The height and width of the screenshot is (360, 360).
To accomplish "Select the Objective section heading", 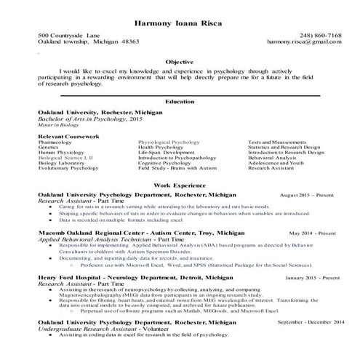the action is coord(180,63).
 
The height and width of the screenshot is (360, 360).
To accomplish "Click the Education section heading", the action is coord(180,102).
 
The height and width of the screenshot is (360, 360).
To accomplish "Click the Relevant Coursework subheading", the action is coord(69,136).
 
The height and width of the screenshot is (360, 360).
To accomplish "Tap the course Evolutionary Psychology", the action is coord(68,167).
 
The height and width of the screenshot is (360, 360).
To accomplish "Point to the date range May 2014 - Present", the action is coord(313,233).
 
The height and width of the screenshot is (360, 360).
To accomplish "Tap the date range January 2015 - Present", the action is coord(310,279).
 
